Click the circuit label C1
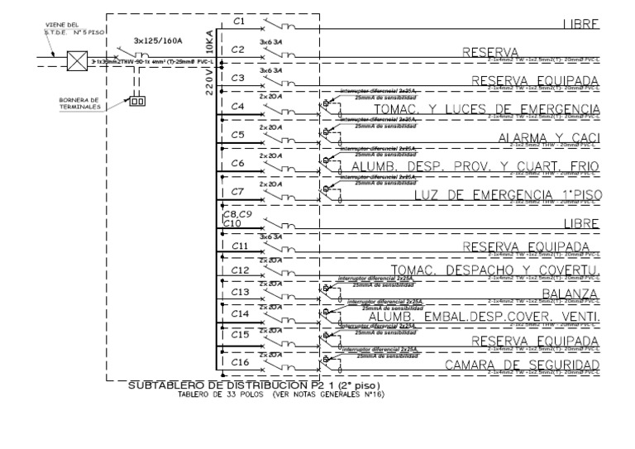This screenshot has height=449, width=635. [x=239, y=20]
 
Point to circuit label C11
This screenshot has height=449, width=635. [x=240, y=246]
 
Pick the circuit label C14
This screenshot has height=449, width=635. [x=240, y=314]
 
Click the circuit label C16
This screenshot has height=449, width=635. [x=240, y=361]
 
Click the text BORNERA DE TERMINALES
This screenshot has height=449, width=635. [x=79, y=104]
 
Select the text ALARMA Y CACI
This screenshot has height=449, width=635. [x=548, y=137]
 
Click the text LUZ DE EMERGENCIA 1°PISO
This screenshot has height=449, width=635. [x=506, y=194]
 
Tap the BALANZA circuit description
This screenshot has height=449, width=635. [x=571, y=294]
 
